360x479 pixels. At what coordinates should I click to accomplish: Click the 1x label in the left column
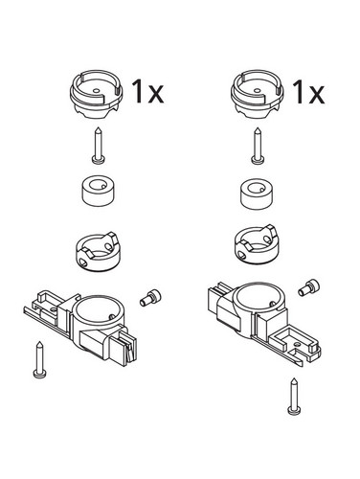point(147,92)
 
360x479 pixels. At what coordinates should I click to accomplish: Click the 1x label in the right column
point(309,92)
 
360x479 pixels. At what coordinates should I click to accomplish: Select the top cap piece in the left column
point(96,95)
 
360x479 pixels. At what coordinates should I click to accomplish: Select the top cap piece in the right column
point(258,95)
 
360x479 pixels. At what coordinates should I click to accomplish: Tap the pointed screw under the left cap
point(99,146)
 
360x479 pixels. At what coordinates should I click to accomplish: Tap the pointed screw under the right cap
point(257,146)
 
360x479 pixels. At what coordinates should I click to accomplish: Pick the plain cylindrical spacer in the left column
point(99,191)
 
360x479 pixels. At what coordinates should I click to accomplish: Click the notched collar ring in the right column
point(256,244)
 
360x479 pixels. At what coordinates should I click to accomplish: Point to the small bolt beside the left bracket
point(150,299)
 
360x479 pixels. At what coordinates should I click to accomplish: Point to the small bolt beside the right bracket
point(309,287)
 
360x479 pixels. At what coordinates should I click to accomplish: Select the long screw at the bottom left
point(40,360)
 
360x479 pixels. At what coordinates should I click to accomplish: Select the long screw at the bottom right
point(294,396)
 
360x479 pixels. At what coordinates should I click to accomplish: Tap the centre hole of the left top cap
point(96,91)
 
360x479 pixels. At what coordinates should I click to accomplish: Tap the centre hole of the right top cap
point(258,91)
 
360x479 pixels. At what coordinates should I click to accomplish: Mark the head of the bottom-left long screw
point(40,374)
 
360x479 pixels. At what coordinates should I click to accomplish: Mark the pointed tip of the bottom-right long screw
point(294,378)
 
